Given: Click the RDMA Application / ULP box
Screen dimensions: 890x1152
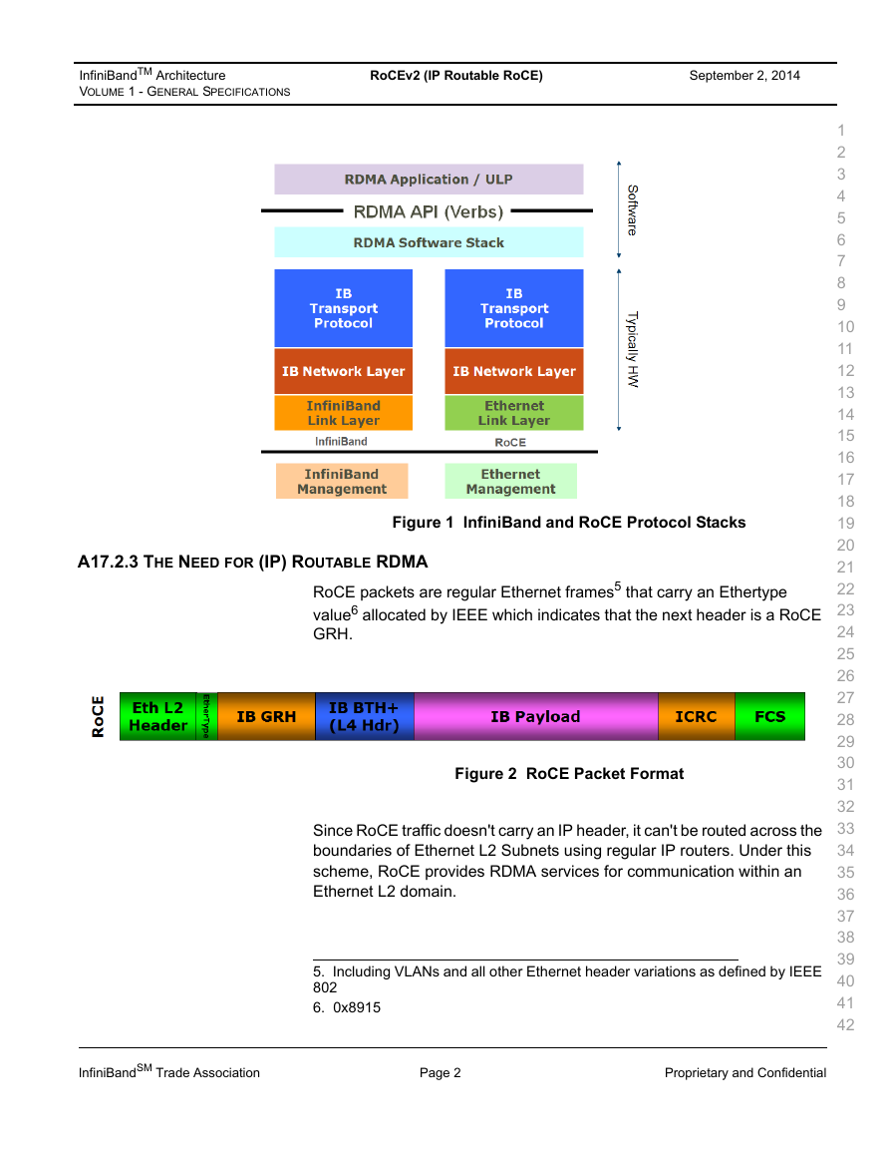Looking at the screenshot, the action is coord(429,180).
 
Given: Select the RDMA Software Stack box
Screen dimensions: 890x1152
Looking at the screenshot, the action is coord(429,242).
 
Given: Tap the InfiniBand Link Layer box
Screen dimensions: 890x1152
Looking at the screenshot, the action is coord(344,413).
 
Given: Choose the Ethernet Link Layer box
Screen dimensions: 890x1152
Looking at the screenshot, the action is coord(514,413).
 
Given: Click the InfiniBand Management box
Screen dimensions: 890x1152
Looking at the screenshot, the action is coord(342,481).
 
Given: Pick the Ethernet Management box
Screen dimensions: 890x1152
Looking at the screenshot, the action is coord(511,481).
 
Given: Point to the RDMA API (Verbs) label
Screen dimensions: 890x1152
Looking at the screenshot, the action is coord(429,211).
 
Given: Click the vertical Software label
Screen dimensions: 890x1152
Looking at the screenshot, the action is coord(632,210).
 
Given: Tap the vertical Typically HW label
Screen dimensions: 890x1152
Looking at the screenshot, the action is coord(632,350).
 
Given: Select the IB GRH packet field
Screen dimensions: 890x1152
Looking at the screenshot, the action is coord(266,716).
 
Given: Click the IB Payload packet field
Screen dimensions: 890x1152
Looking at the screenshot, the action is coord(536,716).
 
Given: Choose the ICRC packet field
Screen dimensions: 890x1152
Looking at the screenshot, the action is coord(696,716).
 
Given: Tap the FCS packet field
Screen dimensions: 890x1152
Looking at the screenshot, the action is coord(770,716).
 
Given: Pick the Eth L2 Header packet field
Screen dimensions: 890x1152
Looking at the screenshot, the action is coord(157,716).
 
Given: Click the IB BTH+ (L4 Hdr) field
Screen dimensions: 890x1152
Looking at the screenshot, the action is coord(364,716).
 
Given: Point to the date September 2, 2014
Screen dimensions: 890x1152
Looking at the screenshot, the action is coord(744,76).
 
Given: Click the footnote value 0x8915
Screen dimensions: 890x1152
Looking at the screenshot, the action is coord(357,1008).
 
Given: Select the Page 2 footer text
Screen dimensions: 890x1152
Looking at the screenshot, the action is coord(441,1072).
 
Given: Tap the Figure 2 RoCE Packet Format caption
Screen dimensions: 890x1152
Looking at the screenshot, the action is coord(569,774).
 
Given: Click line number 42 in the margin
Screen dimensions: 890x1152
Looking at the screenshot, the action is coord(846,1025).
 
